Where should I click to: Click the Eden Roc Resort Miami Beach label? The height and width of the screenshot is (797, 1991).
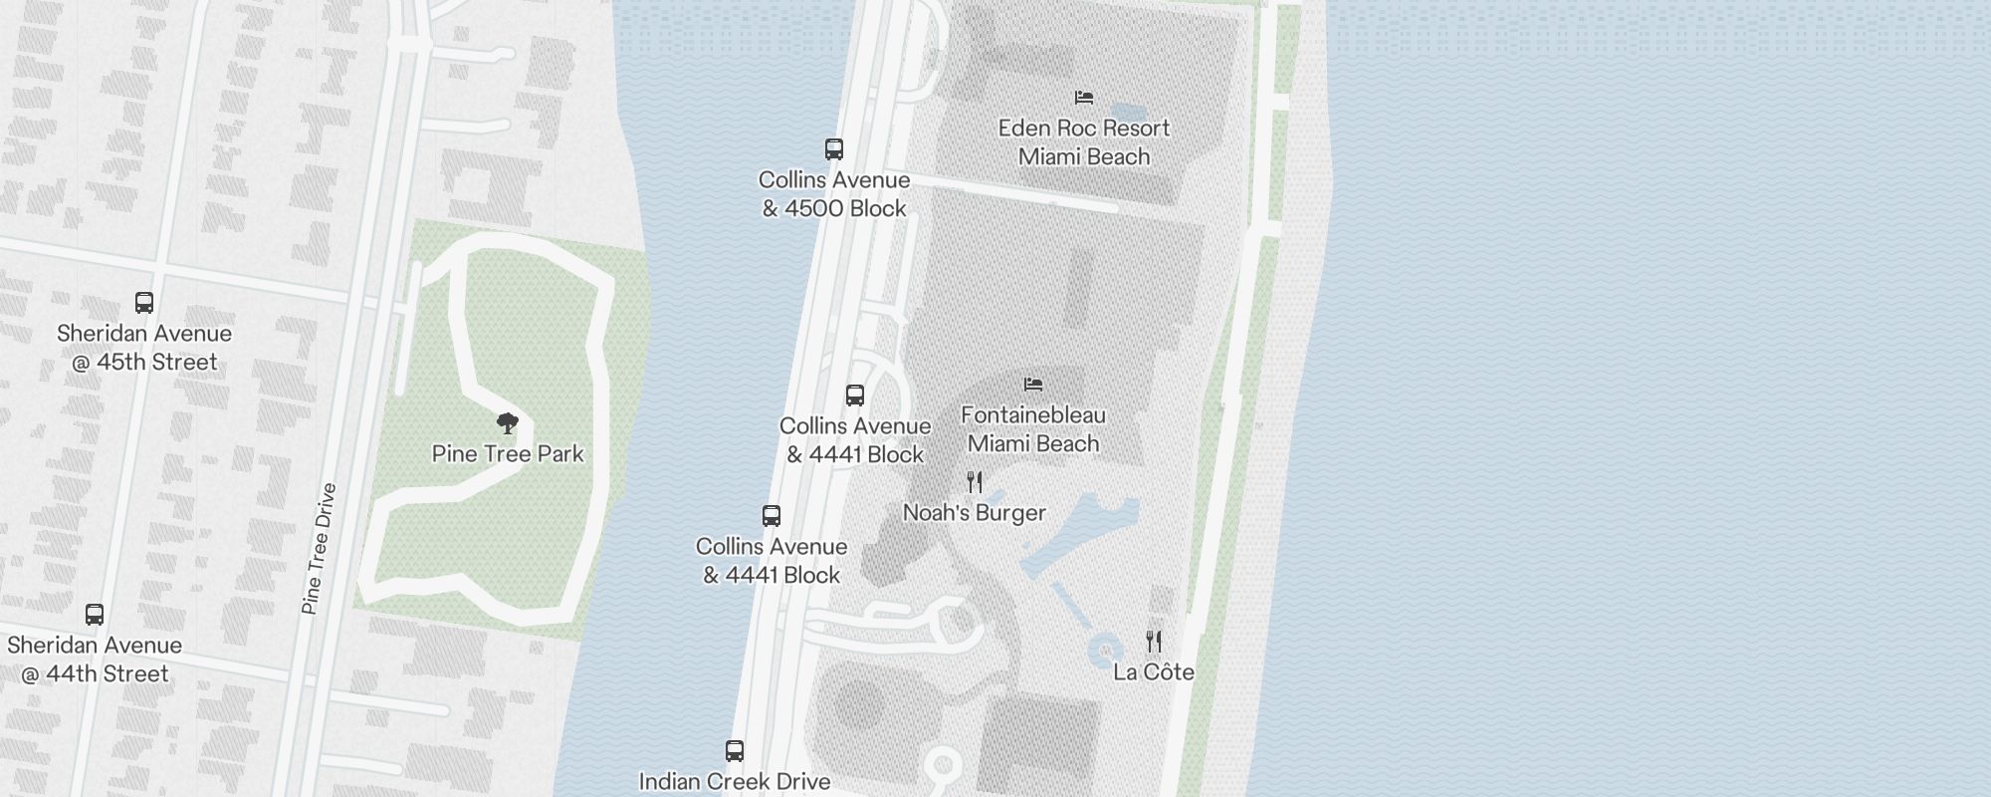(1084, 142)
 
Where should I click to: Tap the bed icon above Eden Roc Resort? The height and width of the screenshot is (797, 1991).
(1084, 98)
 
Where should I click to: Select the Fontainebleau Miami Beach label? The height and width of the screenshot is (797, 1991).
(1033, 429)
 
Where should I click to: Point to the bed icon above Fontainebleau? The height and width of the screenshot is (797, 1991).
(1033, 385)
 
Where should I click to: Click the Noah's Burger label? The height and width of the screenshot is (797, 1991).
(974, 513)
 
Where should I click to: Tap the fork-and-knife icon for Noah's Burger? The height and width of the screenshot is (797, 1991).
(975, 482)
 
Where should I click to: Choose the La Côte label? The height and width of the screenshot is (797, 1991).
(1154, 672)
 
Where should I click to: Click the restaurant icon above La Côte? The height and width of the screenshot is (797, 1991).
(1154, 641)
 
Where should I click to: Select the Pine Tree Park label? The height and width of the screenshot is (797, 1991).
(508, 454)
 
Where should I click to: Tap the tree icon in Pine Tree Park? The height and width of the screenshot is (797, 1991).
(508, 423)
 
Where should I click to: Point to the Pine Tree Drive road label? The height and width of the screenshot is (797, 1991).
(319, 549)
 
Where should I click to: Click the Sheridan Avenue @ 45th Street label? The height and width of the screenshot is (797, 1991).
(144, 348)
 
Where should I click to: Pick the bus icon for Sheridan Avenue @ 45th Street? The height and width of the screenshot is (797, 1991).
(144, 303)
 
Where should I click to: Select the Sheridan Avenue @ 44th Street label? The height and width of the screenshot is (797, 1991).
(95, 660)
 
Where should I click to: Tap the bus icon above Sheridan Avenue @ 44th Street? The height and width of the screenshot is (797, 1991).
(95, 615)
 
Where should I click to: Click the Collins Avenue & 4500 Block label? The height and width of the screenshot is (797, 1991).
(834, 194)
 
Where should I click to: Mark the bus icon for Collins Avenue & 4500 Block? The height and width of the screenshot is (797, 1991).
(834, 149)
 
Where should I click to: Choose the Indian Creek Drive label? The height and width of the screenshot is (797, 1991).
(735, 782)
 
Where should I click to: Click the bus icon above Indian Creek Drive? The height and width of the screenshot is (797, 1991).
(735, 751)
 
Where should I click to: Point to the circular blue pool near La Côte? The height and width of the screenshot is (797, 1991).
(1105, 652)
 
